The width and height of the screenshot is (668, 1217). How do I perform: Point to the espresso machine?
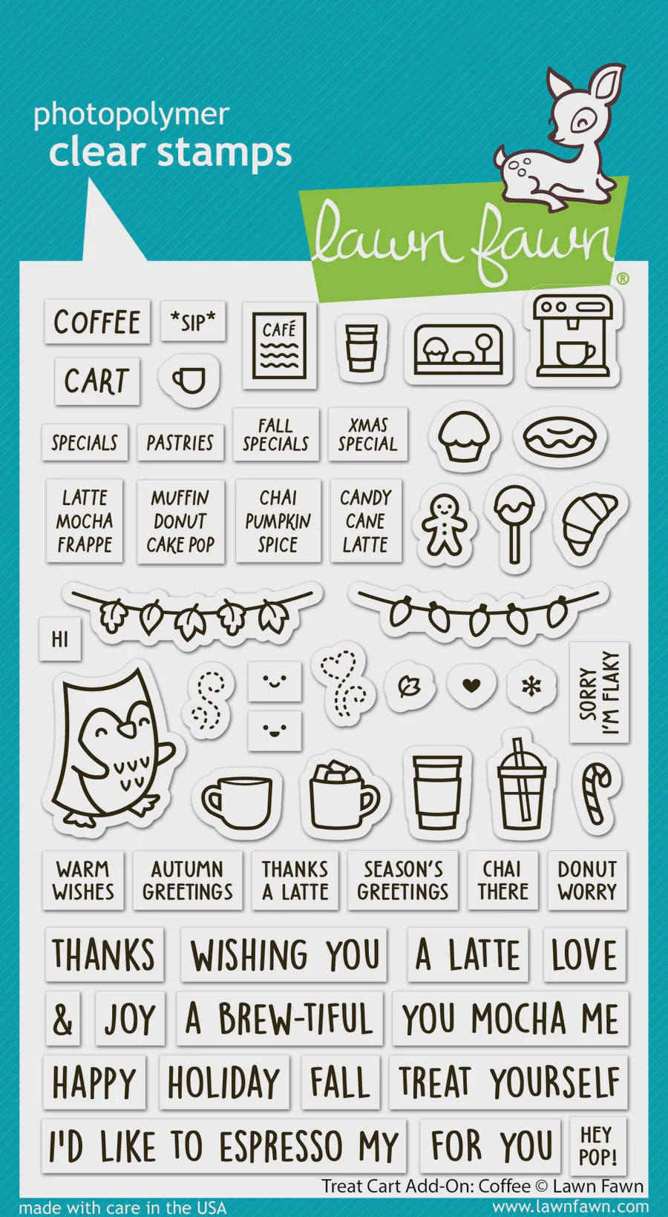573,338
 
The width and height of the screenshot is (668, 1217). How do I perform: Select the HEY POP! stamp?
597,1146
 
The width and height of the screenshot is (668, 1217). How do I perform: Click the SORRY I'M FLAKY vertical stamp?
599,692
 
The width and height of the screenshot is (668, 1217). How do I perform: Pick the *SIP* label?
193,321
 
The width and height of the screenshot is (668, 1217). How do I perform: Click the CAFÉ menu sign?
279,346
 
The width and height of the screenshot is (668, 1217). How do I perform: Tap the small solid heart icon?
471,685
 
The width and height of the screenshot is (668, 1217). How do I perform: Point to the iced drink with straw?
522,785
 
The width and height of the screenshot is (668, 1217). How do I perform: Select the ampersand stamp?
62,1019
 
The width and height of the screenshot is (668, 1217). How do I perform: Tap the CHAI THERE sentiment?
502,880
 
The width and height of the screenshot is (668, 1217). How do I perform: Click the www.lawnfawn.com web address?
570,1207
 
